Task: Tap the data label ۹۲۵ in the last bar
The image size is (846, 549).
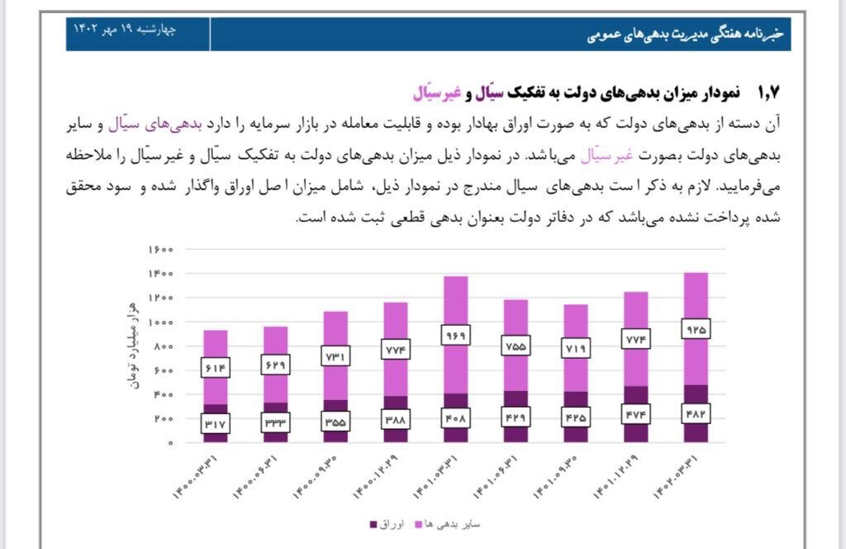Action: click(696, 330)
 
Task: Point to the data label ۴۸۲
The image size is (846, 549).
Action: click(696, 413)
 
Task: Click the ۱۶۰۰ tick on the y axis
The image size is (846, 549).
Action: click(160, 249)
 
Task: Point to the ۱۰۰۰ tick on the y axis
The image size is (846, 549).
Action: click(160, 322)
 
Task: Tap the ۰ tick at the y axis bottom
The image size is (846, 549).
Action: click(169, 443)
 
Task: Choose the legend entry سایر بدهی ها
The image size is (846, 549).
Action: click(457, 524)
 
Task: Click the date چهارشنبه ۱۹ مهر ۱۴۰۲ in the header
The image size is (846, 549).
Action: click(125, 29)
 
